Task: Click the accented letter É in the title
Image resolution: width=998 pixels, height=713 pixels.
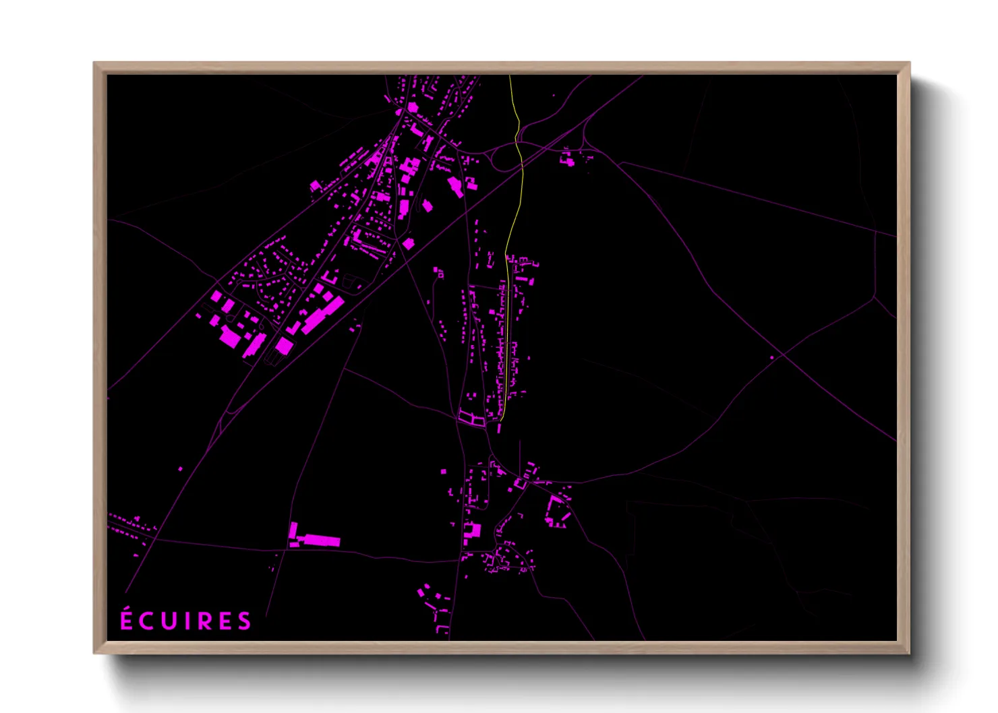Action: click(126, 619)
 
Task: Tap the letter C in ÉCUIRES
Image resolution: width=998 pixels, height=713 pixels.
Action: click(147, 621)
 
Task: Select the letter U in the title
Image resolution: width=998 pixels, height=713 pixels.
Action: click(169, 621)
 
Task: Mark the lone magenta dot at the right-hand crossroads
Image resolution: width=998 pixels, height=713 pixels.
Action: click(772, 358)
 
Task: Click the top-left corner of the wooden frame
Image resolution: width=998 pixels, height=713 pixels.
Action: click(94, 63)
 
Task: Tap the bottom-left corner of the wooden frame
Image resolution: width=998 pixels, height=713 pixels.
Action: click(94, 652)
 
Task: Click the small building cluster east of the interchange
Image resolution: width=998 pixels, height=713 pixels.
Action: click(568, 160)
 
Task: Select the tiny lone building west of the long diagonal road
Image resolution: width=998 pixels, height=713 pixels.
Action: click(180, 468)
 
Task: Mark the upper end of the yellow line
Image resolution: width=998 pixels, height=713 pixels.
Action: click(509, 76)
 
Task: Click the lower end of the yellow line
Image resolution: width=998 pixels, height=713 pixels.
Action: click(500, 421)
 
